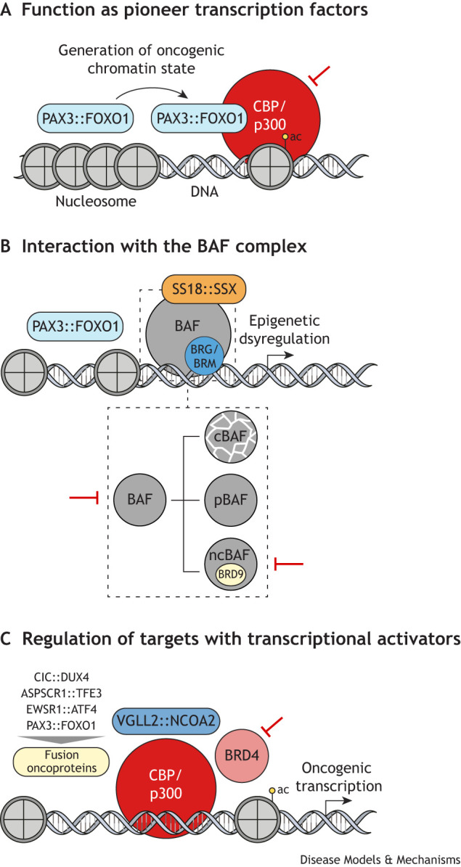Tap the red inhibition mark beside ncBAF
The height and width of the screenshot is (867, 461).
(x=289, y=564)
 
